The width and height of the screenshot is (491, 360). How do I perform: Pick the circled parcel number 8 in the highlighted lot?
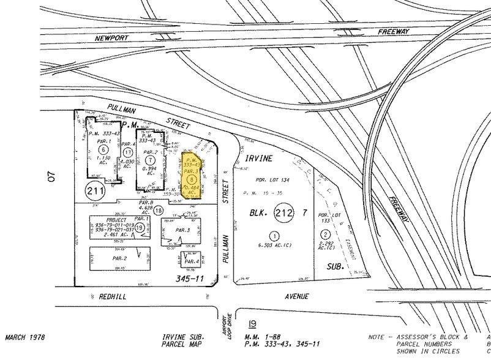coord(192,179)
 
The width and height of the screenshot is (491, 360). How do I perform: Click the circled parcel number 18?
coord(158,210)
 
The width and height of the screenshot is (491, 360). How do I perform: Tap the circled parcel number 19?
coord(140,227)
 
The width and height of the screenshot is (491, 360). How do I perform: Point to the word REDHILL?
coord(111,296)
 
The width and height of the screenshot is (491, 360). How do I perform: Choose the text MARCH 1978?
coord(26,337)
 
